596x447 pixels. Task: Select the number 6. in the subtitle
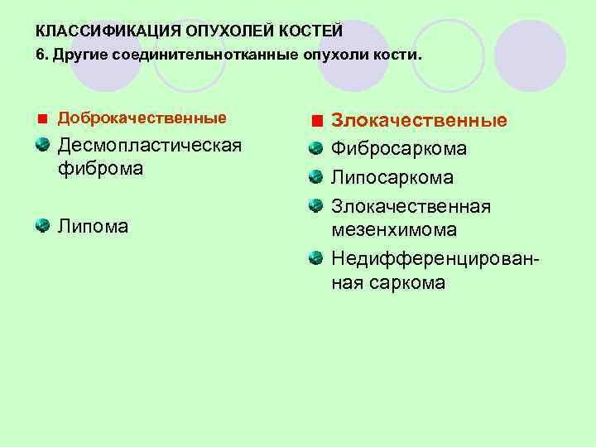[x=41, y=55]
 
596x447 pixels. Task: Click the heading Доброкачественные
[x=142, y=118]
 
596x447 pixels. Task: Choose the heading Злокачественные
[x=420, y=121]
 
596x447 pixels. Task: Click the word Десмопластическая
[x=149, y=147]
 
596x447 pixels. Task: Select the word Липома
[x=93, y=225]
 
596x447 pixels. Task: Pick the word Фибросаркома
[x=399, y=149]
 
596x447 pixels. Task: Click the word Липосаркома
[x=392, y=178]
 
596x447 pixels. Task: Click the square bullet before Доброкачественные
[x=42, y=119]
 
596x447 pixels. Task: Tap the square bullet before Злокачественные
[x=317, y=122]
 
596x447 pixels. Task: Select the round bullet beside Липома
[x=42, y=224]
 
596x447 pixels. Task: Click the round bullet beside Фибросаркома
[x=315, y=149]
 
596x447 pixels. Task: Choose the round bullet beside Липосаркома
[x=315, y=177]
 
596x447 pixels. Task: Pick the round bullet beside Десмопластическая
[x=42, y=146]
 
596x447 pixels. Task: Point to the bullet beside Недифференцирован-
[x=315, y=260]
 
